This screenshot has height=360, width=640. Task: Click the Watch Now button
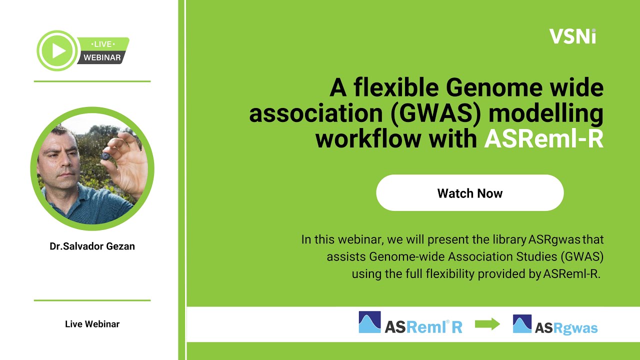pyautogui.click(x=469, y=193)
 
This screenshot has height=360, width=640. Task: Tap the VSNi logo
pyautogui.click(x=572, y=36)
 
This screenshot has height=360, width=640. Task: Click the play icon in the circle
pyautogui.click(x=58, y=50)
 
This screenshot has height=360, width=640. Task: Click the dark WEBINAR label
pyautogui.click(x=102, y=57)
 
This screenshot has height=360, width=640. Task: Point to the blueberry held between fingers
pyautogui.click(x=105, y=156)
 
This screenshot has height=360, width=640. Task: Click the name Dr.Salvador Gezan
pyautogui.click(x=92, y=246)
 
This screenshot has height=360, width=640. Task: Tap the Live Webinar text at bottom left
pyautogui.click(x=92, y=324)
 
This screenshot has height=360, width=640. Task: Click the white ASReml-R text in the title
pyautogui.click(x=543, y=139)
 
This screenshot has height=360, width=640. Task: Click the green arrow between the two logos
pyautogui.click(x=487, y=324)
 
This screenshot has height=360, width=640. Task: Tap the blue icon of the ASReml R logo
pyautogui.click(x=369, y=322)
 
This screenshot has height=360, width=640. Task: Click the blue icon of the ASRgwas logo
pyautogui.click(x=522, y=323)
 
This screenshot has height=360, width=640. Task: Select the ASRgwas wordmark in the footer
pyautogui.click(x=566, y=328)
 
